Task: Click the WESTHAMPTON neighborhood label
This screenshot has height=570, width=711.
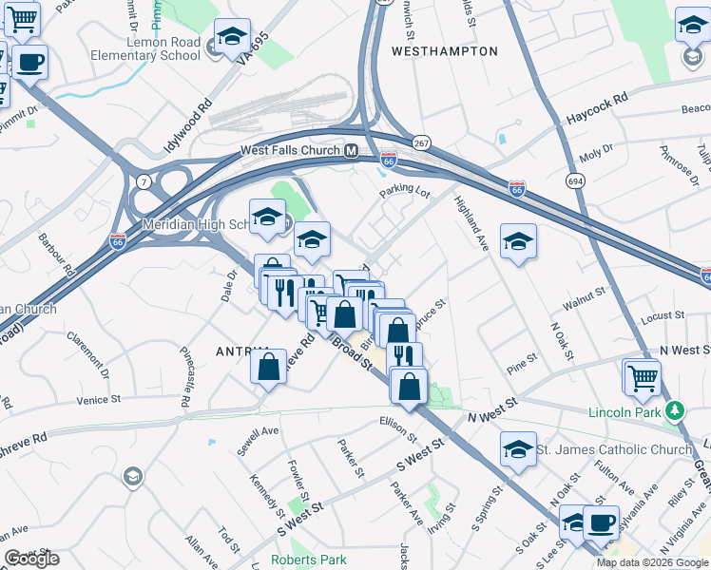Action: pos(444,50)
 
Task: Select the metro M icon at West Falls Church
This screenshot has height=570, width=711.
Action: pos(351,151)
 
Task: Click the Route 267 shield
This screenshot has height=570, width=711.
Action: pos(421,142)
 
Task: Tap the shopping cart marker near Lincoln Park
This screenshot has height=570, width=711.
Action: pos(642,376)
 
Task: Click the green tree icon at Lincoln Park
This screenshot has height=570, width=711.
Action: pos(675,410)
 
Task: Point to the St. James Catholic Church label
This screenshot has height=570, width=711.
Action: pos(614,449)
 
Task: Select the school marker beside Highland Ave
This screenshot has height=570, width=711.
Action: pos(518,241)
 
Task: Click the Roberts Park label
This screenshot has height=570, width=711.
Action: pos(308,560)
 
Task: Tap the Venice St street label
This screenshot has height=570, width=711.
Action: pos(102,400)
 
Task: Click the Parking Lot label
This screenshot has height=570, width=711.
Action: pos(405,190)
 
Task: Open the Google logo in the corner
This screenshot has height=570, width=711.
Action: pos(32,559)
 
